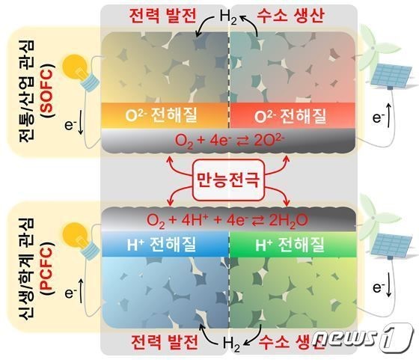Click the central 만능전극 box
tap(228, 180)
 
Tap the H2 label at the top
tap(228, 17)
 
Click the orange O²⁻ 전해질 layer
tap(165, 116)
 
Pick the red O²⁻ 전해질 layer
tap(293, 116)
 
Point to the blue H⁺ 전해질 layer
tap(165, 244)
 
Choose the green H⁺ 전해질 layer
tap(293, 244)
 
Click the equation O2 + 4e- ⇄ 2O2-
tap(229, 141)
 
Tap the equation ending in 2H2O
tap(227, 221)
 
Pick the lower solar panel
tap(392, 245)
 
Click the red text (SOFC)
tap(48, 91)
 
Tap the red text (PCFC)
tap(48, 268)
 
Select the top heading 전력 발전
tap(162, 16)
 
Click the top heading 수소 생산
tap(291, 16)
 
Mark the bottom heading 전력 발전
tap(165, 342)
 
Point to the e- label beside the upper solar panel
tap(378, 117)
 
